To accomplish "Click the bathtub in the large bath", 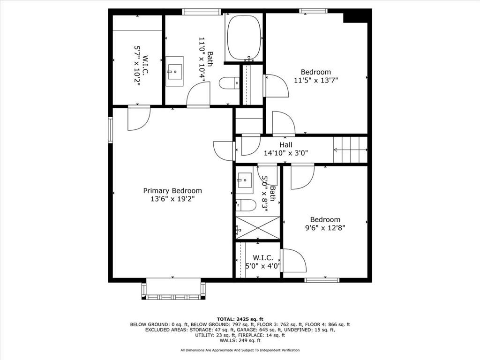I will click(244, 38).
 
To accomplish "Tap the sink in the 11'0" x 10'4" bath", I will click(174, 71).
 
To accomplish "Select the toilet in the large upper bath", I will click(229, 83).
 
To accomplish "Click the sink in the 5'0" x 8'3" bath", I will click(244, 180).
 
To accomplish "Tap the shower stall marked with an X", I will click(257, 227).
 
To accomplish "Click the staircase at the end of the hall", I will click(350, 149).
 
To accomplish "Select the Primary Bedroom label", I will click(172, 191).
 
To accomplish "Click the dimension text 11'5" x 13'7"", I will click(315, 80).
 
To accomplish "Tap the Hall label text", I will click(286, 145).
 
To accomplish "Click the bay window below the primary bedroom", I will click(173, 290).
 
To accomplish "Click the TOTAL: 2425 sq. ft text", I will click(240, 319).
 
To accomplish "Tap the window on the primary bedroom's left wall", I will click(111, 129).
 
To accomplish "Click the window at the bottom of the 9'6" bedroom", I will click(322, 280).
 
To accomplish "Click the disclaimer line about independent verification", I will click(240, 350).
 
